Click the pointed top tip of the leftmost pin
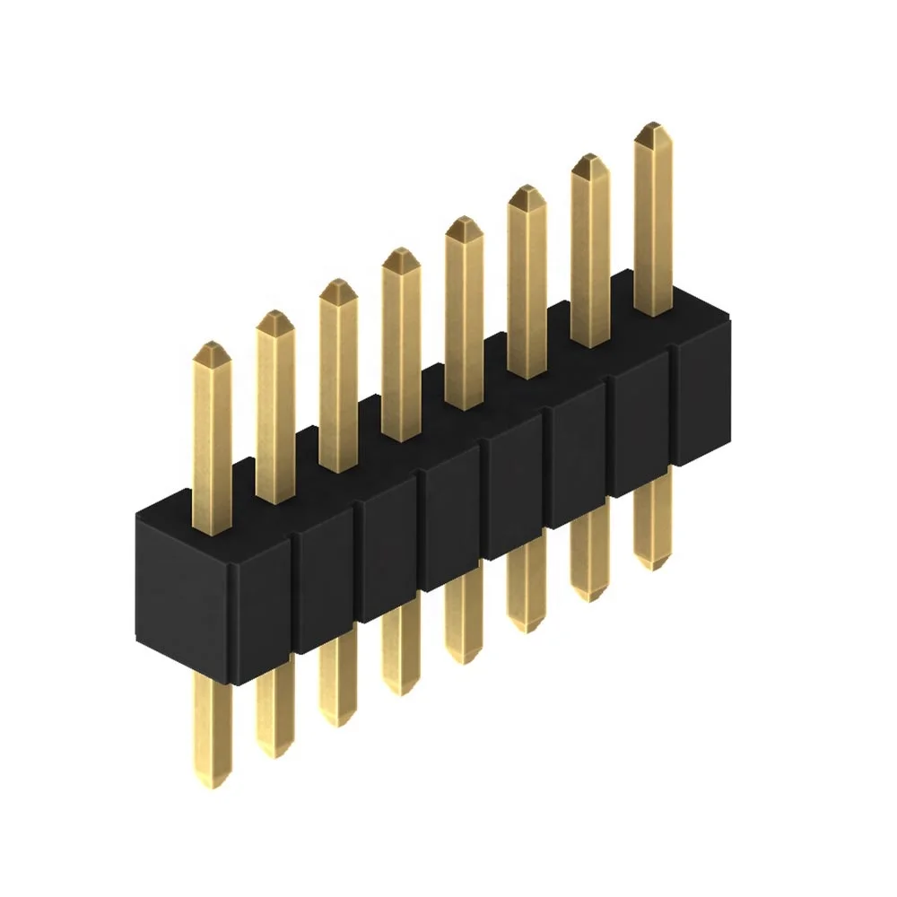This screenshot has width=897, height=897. (212, 346)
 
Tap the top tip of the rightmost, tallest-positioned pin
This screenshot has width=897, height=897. (653, 126)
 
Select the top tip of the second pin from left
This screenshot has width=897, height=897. (275, 315)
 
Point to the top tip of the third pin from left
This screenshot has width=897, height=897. (338, 283)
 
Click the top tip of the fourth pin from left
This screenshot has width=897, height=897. (401, 252)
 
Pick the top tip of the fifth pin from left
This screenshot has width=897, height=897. (464, 221)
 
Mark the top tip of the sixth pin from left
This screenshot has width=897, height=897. (527, 189)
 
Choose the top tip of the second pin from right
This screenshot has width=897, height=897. (590, 158)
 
